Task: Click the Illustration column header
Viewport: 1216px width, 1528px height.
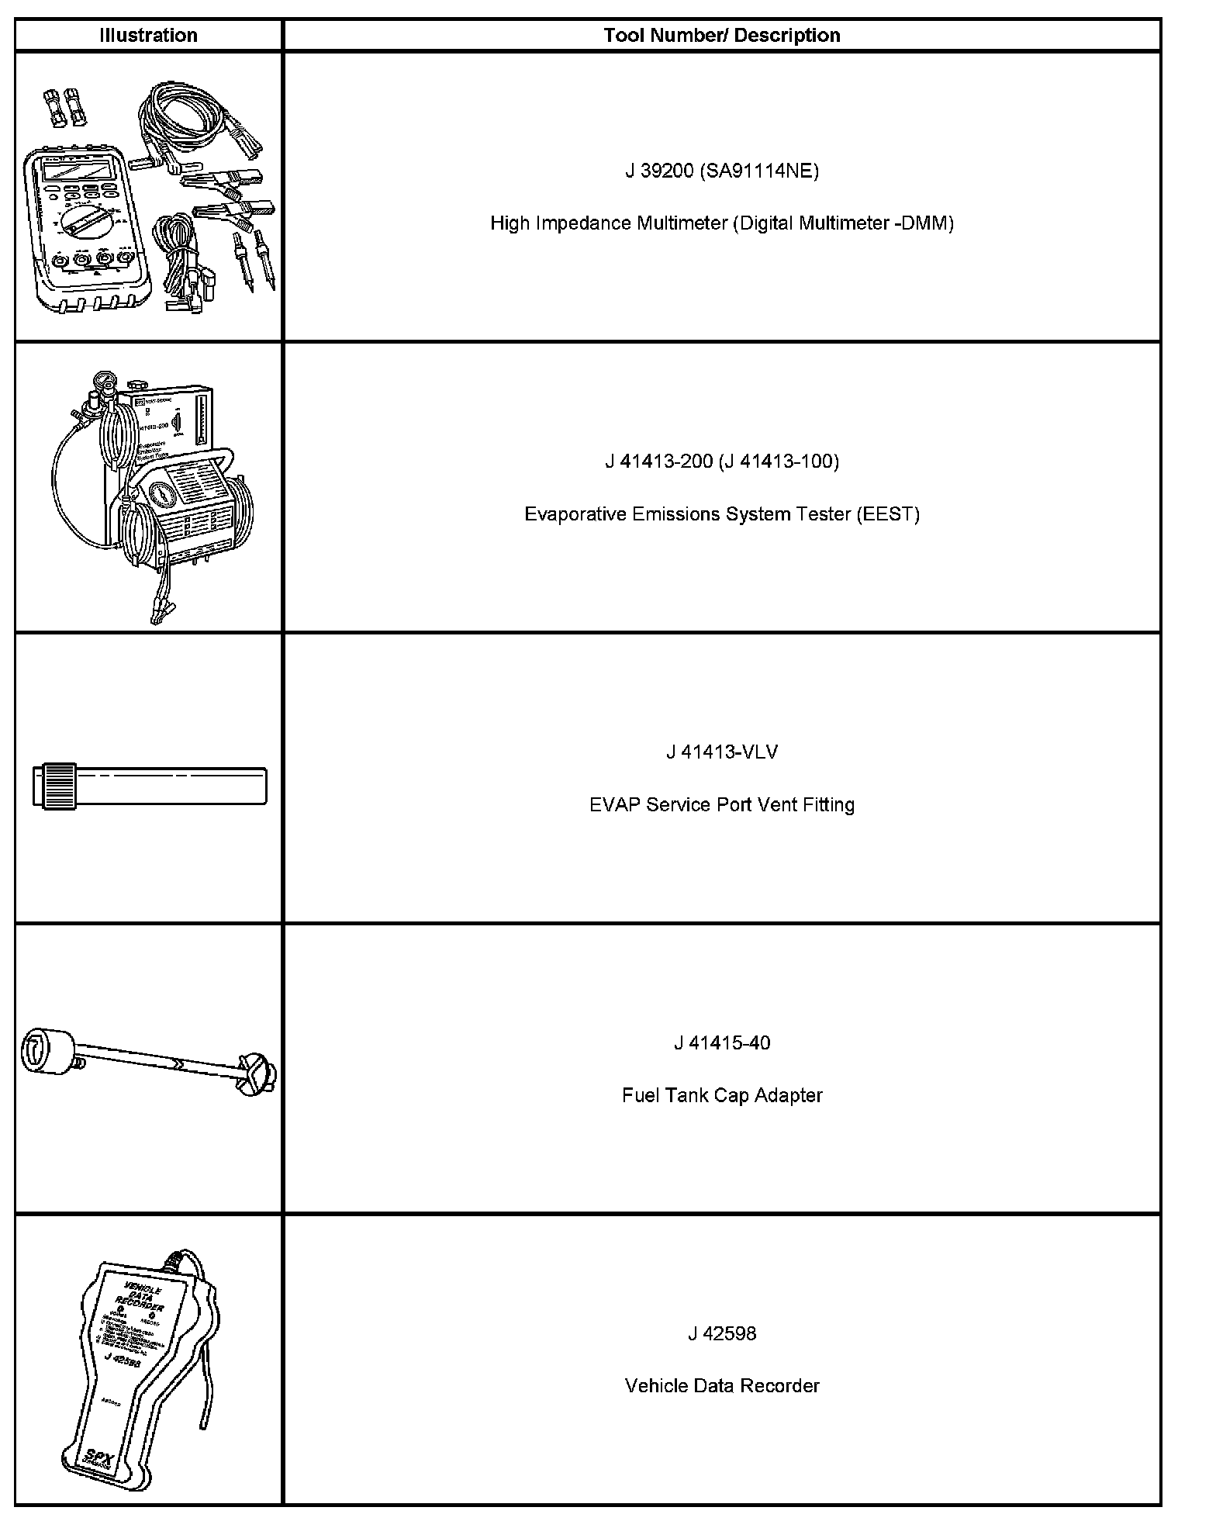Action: coord(148,35)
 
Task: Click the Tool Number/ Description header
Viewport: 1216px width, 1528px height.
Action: coord(721,35)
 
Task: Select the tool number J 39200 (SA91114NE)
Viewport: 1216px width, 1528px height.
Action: coord(721,171)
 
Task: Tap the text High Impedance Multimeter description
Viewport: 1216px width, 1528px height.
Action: coord(721,223)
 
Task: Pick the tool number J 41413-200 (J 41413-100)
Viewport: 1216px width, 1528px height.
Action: coord(721,462)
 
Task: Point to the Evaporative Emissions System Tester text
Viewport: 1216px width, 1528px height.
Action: coord(721,514)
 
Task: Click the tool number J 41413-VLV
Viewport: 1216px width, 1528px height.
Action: coord(721,752)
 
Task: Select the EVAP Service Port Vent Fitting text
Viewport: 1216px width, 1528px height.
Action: coord(721,805)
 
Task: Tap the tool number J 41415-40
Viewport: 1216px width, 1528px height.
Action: coord(721,1043)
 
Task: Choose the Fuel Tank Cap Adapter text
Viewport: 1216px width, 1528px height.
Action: coord(721,1095)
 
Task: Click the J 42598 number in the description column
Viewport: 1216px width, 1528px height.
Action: coord(721,1334)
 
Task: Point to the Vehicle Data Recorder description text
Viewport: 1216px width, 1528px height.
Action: coord(721,1386)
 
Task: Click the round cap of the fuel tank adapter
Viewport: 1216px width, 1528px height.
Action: coord(46,1051)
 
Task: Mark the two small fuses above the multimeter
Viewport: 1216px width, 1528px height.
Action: coord(64,105)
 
